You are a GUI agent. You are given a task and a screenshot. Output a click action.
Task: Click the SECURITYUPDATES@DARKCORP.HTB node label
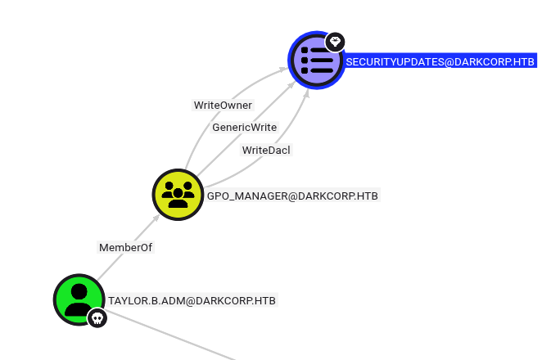click(x=440, y=61)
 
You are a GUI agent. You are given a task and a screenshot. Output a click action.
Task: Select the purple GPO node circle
click(x=316, y=60)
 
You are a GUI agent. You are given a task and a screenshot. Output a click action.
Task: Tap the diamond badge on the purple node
click(x=334, y=42)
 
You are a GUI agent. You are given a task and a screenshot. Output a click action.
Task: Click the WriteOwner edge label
click(x=223, y=105)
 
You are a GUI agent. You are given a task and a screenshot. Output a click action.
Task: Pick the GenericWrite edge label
click(x=244, y=128)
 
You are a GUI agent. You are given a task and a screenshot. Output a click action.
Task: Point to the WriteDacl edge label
click(x=266, y=150)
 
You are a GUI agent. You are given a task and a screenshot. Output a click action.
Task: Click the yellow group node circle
click(x=178, y=194)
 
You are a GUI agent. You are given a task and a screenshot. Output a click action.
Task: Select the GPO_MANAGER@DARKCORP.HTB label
click(x=293, y=196)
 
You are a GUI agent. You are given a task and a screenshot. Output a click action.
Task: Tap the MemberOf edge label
click(x=125, y=246)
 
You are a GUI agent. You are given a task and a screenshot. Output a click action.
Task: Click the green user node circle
click(x=79, y=299)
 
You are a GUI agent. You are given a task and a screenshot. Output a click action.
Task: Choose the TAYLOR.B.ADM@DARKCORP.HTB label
click(x=192, y=301)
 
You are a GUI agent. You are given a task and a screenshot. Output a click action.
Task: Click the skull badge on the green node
click(x=97, y=318)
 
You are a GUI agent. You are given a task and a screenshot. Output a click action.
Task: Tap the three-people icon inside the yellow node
click(x=178, y=194)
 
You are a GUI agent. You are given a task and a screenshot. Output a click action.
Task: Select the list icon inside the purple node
click(x=316, y=60)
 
